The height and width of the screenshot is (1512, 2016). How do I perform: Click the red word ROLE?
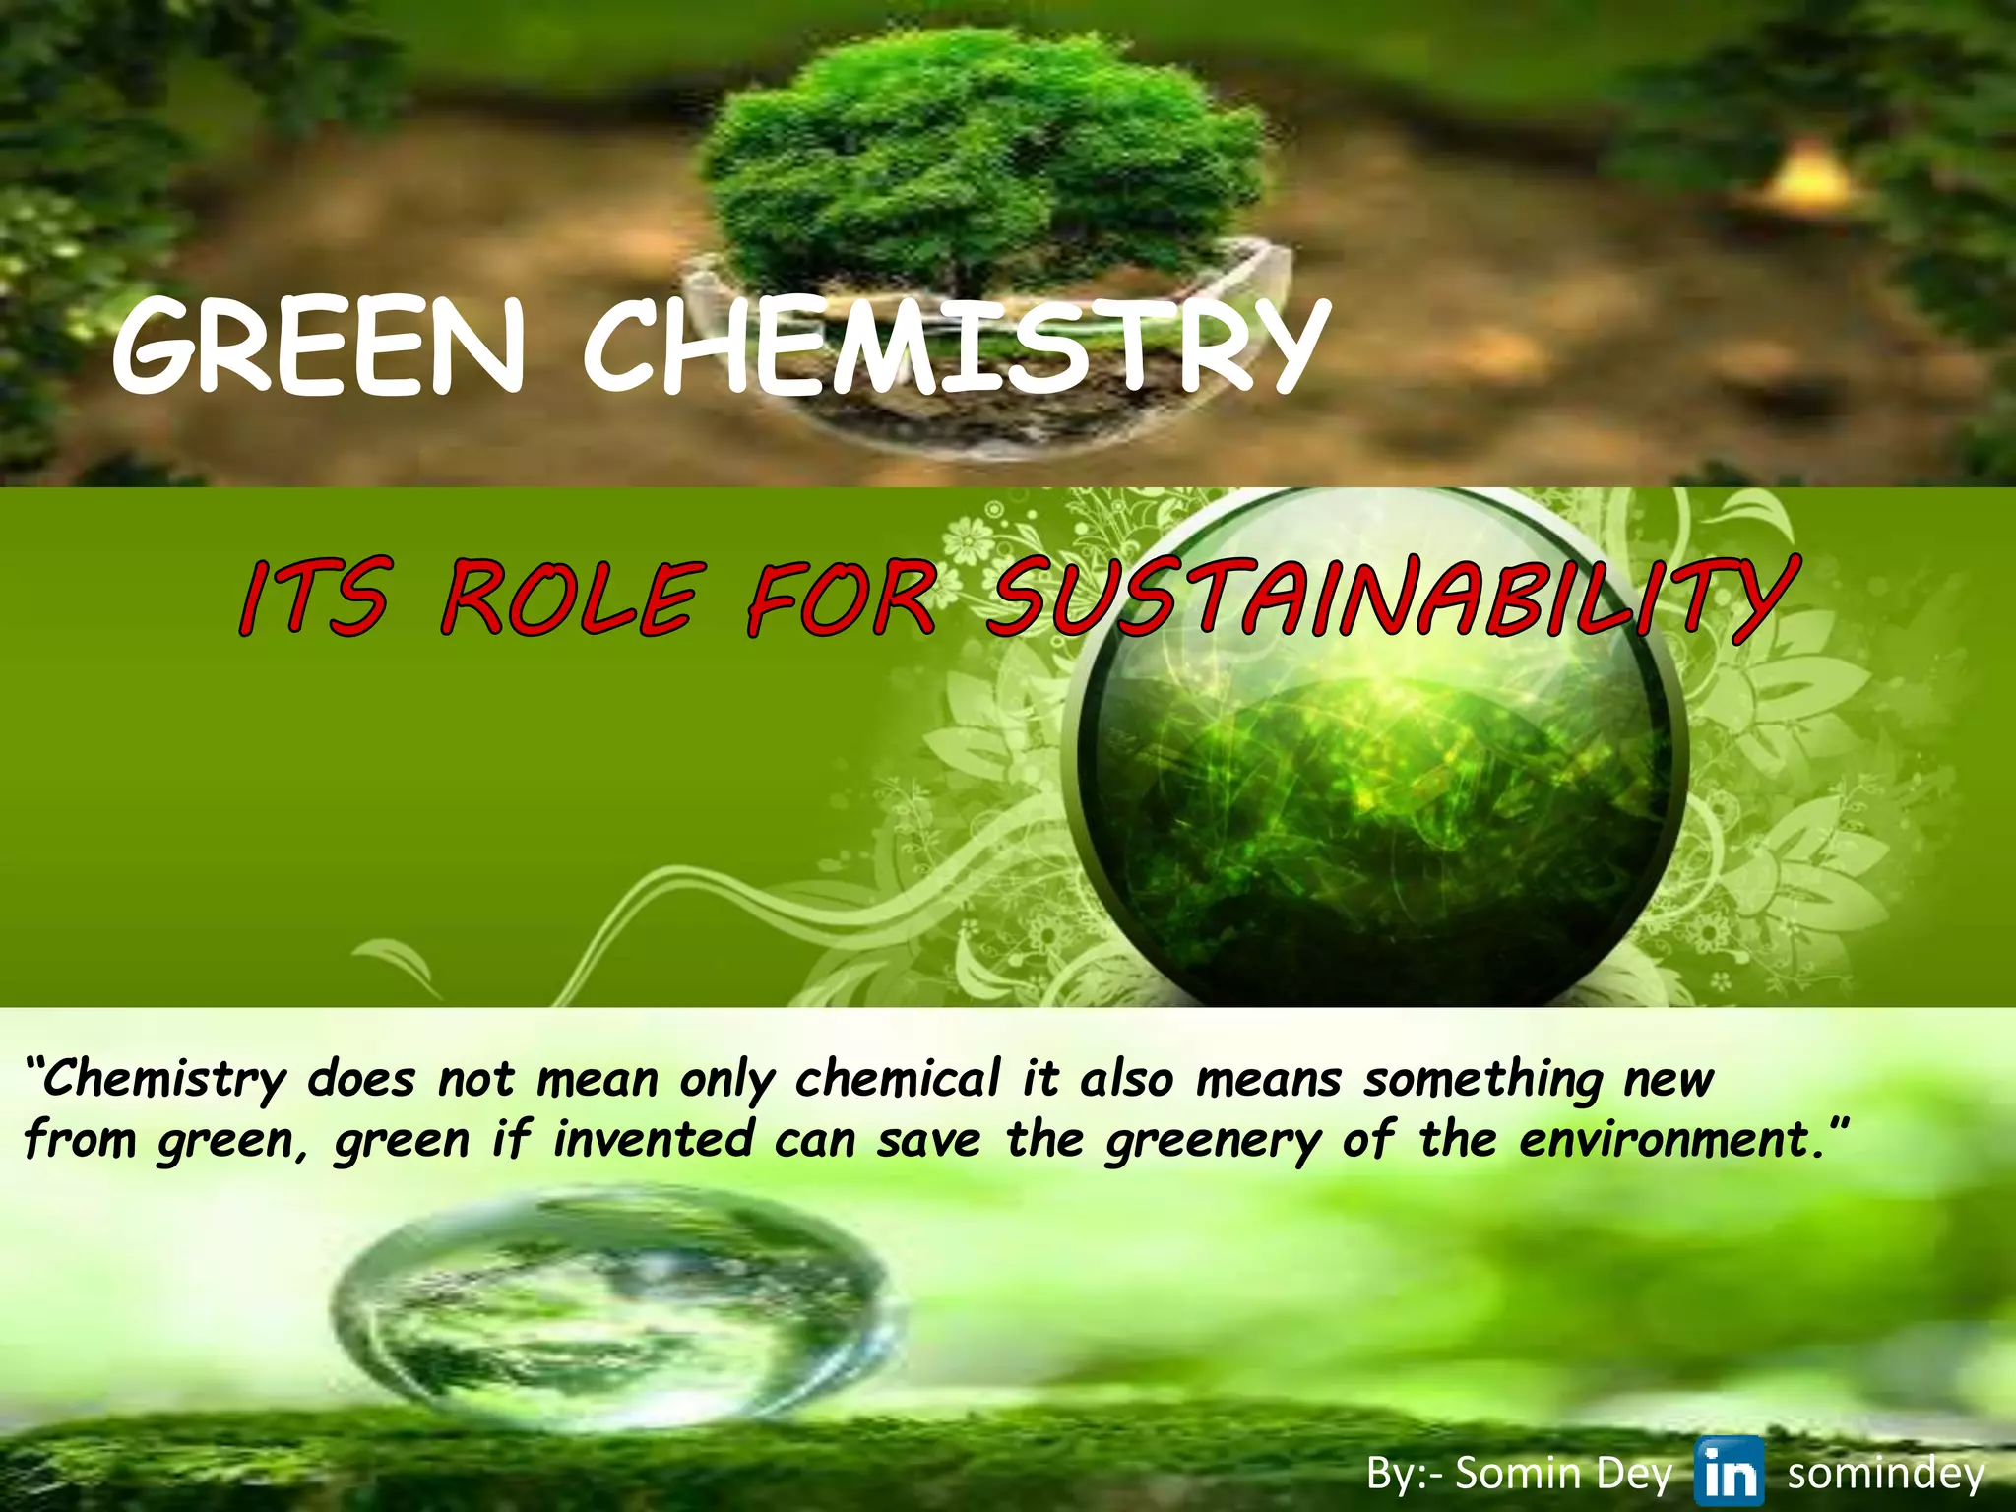click(571, 598)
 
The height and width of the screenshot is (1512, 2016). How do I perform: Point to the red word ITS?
click(313, 598)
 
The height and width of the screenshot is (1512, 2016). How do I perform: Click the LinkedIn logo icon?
click(1730, 1472)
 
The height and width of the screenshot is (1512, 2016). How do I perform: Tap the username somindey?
click(1885, 1474)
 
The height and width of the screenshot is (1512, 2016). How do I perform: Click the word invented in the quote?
click(653, 1140)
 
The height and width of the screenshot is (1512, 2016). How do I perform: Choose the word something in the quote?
click(1483, 1080)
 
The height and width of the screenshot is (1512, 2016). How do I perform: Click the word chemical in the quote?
click(898, 1079)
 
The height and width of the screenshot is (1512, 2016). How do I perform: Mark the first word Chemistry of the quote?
click(162, 1080)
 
